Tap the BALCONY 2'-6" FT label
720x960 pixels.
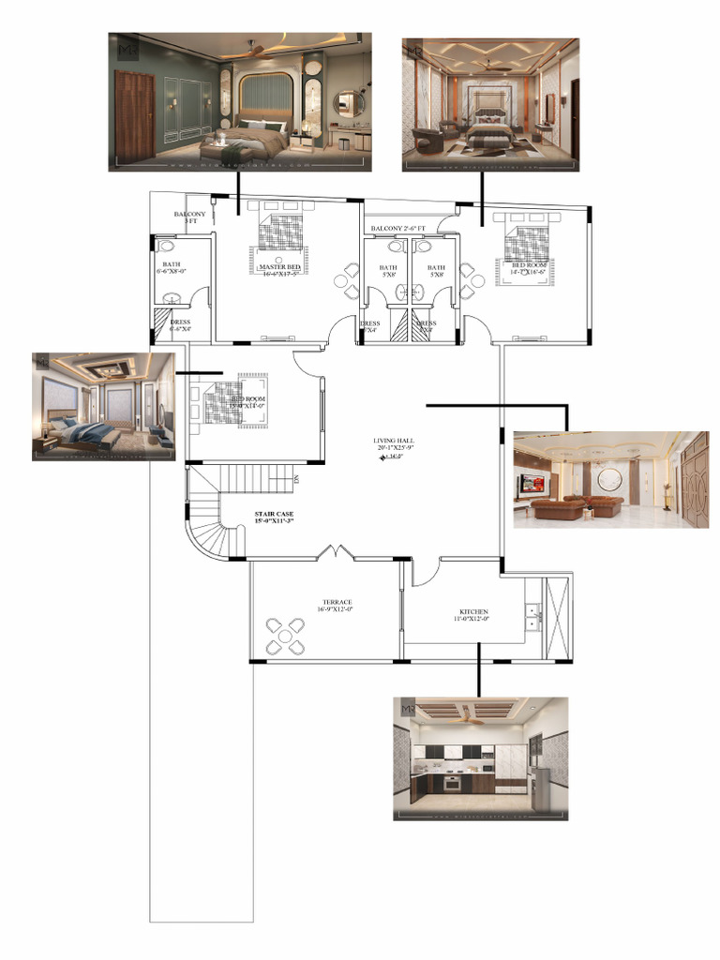click(x=397, y=229)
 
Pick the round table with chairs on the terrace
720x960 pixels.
click(x=284, y=637)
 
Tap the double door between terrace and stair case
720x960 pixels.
click(x=335, y=553)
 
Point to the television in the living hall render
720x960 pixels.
click(x=532, y=485)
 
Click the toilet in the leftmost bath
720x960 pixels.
click(x=168, y=247)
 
